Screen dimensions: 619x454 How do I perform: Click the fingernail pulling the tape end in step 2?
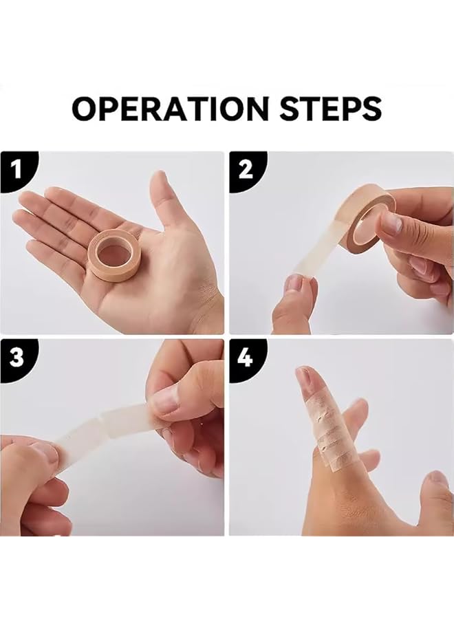(294, 283)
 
